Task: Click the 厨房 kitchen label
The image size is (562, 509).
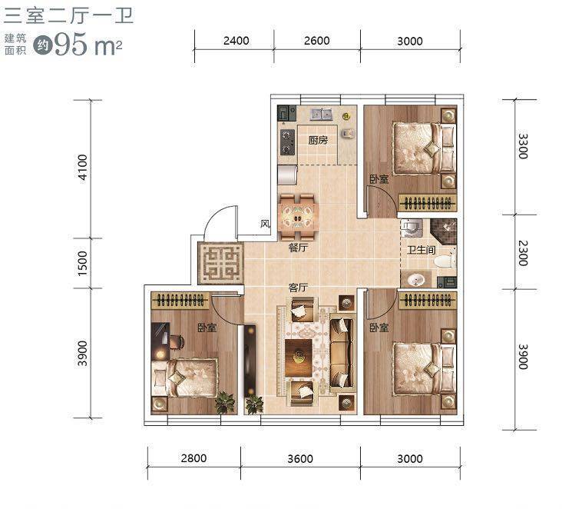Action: point(318,140)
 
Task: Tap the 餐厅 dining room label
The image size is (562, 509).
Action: point(298,248)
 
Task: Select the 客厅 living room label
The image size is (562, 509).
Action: point(298,288)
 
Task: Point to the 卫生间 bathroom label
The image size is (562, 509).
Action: point(421,249)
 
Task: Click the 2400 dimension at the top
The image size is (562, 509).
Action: point(236,41)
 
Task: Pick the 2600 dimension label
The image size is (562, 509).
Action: point(317,41)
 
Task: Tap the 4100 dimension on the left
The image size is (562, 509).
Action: point(82,168)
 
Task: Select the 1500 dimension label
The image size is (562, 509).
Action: point(82,263)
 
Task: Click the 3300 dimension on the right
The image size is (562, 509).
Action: point(524,146)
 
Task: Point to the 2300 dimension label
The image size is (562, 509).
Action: point(524,253)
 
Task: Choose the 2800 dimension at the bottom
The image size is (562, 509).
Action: point(193,458)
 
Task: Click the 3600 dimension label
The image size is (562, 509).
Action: point(300,458)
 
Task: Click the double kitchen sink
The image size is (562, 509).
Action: point(322,115)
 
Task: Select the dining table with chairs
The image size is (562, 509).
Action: point(298,217)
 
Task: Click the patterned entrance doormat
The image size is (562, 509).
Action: point(220,263)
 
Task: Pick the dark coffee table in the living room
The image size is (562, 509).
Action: point(299,358)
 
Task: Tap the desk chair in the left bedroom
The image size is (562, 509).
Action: point(177,341)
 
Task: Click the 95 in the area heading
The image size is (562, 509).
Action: point(71,44)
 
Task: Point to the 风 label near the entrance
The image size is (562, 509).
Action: point(265,224)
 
